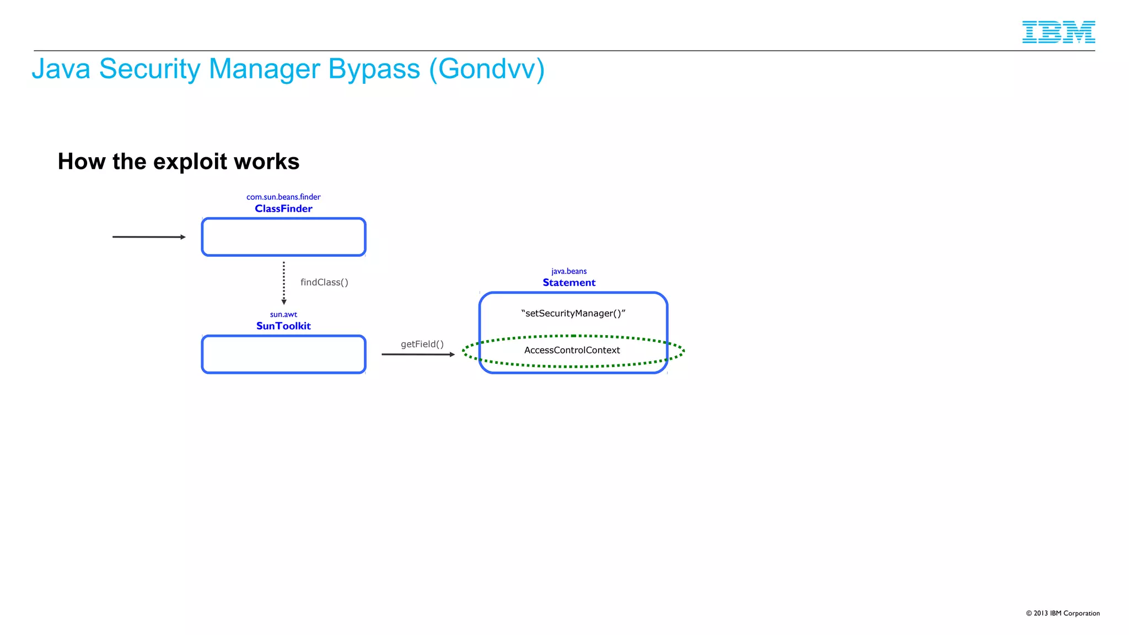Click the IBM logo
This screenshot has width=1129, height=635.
1058,32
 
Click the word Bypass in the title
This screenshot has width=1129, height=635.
374,69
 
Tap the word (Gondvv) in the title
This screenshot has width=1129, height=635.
487,69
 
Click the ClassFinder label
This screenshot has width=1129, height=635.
283,208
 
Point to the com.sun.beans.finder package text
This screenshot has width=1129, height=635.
283,197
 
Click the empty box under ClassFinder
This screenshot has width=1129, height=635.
283,237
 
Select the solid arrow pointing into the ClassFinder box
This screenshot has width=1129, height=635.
149,237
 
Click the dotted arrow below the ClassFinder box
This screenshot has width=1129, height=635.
284,283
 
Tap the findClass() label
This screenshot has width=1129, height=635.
324,282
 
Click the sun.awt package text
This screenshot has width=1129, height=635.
283,314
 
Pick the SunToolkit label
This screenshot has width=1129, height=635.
283,326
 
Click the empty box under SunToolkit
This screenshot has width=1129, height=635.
283,354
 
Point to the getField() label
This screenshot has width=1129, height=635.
422,344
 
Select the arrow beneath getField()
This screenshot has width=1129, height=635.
418,354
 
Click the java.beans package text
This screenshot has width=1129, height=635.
569,271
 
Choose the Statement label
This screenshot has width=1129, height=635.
569,283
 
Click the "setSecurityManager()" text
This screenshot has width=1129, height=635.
573,313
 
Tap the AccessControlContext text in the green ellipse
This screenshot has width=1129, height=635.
572,350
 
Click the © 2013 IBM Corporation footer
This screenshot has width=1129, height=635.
1062,613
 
